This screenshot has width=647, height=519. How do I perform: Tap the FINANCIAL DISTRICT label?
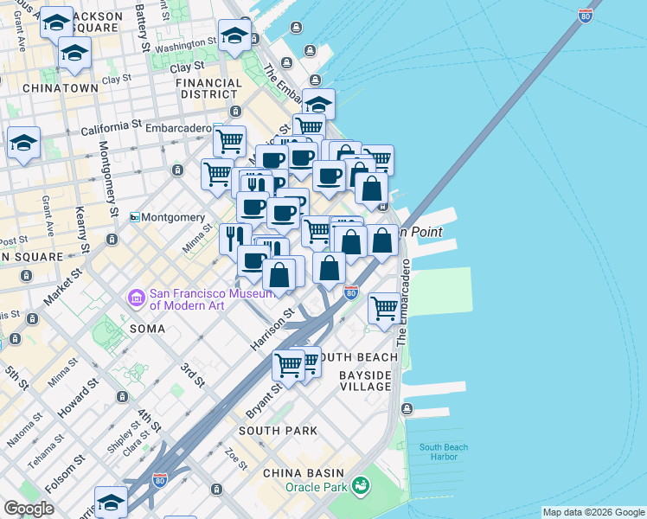pos(208,89)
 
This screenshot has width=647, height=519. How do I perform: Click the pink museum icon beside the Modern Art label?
pos(136,298)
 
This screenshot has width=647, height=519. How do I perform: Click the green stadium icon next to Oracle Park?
pos(362,487)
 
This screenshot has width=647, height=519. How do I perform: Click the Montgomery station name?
pos(174,217)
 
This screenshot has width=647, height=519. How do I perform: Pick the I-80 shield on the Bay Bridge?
pos(586,16)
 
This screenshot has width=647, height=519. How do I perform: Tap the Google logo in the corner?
pos(29,509)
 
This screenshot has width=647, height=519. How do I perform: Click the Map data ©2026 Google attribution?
pos(593,512)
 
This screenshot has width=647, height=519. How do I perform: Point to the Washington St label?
pos(185,43)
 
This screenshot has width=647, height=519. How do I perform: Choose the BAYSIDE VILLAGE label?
pos(365,380)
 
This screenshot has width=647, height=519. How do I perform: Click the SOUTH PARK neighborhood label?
pos(278,430)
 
